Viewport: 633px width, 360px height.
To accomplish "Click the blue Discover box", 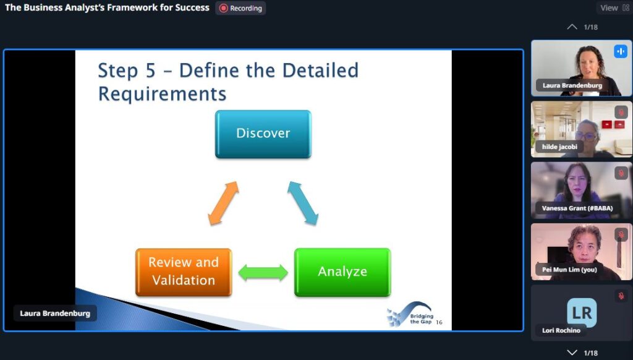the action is pos(263,134).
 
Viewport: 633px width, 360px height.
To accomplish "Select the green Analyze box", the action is pos(342,272).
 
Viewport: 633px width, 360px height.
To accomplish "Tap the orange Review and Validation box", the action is pos(184,272).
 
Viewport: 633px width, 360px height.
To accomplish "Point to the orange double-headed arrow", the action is pos(223,203).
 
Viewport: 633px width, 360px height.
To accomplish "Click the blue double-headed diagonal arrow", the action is pos(303,203).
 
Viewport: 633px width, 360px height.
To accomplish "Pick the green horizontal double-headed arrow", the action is pos(263,272).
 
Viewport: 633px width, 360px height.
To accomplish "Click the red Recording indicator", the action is pos(240,8).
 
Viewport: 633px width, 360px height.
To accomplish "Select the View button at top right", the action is pos(614,7).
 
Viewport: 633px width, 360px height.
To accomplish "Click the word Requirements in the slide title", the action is pos(163,94).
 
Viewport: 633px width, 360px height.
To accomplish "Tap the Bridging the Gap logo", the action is pos(410,314).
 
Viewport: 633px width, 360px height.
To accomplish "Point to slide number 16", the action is pos(440,322).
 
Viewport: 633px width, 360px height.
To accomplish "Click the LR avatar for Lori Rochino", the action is pos(582,312).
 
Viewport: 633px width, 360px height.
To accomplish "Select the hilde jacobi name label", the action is pos(559,147).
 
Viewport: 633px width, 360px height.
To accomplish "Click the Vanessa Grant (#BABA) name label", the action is pos(577,208).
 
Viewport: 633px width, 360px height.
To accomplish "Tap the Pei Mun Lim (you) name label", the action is pos(569,270).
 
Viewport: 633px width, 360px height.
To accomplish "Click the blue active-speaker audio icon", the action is pos(621,51).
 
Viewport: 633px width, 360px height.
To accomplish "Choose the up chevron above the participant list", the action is pos(572,27).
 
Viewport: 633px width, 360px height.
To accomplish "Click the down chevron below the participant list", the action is pos(572,353).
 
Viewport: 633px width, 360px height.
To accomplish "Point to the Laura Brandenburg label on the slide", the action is pos(55,313).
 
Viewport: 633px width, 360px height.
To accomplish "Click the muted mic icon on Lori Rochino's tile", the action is pos(621,296).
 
